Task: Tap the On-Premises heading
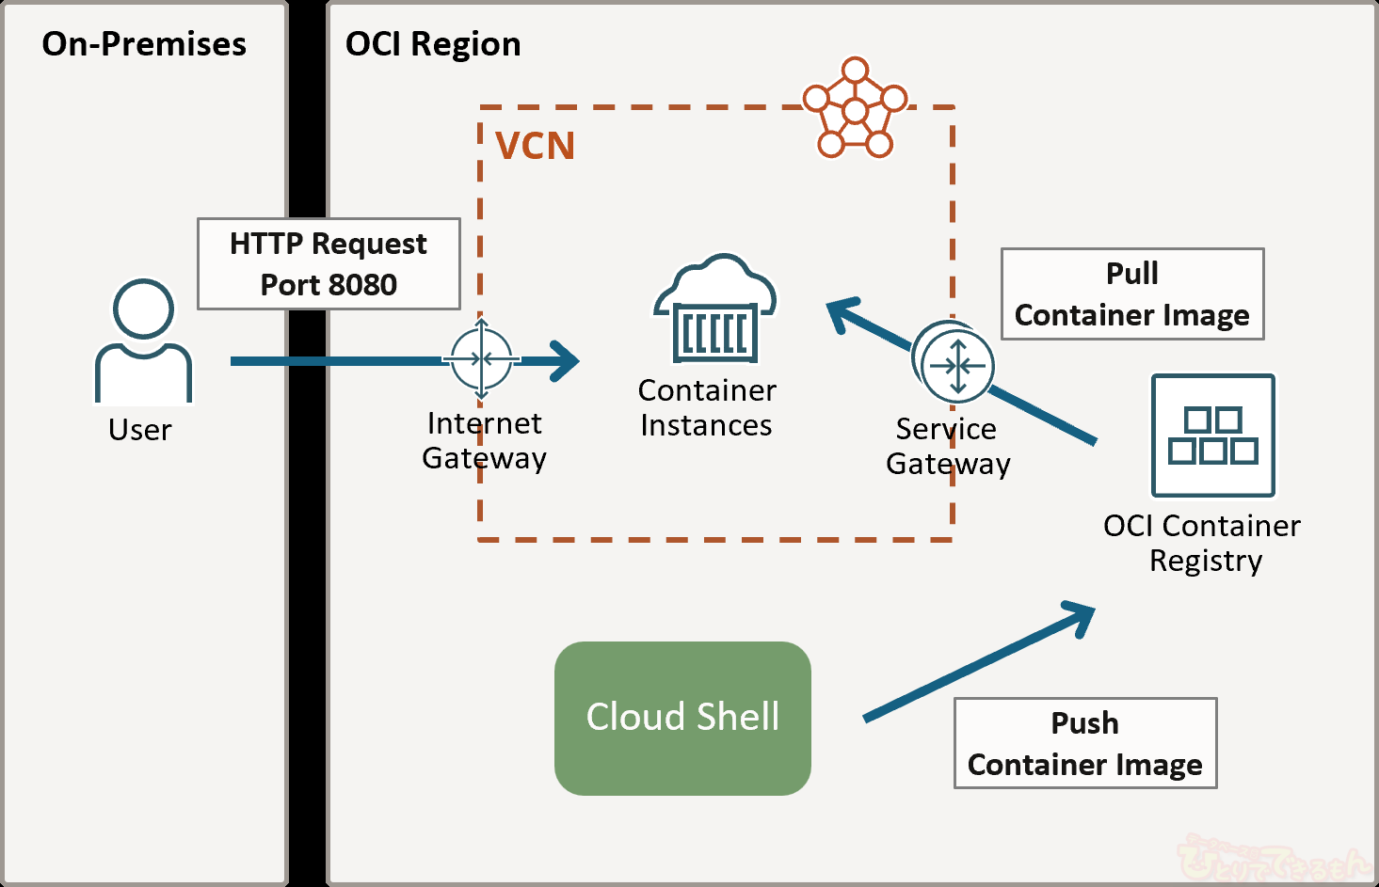(x=144, y=44)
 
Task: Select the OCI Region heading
(x=433, y=44)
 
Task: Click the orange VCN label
(x=535, y=146)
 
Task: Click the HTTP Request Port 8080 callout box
(x=329, y=264)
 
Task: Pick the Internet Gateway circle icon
(x=482, y=358)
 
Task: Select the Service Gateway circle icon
(x=956, y=365)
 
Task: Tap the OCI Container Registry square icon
(x=1213, y=436)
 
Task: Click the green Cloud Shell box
(x=682, y=718)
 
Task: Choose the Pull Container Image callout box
(x=1132, y=294)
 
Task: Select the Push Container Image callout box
(x=1085, y=743)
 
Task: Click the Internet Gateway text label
(x=484, y=440)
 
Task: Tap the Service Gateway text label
(x=948, y=446)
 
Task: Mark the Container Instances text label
(x=707, y=407)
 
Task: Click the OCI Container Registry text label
(x=1202, y=543)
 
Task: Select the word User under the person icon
(x=140, y=430)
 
